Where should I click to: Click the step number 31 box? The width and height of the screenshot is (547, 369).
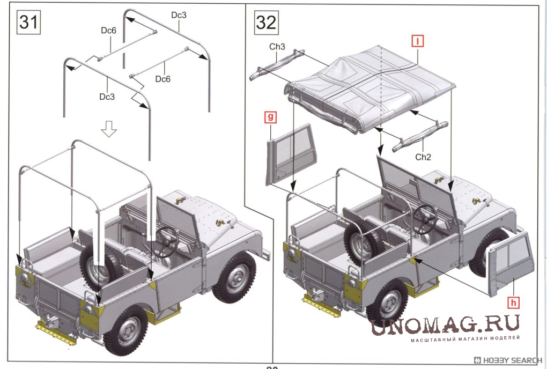coord(28,23)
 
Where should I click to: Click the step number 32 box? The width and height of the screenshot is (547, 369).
coord(266,23)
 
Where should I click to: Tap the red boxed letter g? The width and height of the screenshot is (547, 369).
coord(270,117)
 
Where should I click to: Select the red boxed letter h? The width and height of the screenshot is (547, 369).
coord(513,302)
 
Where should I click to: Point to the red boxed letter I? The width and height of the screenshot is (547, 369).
coord(418,41)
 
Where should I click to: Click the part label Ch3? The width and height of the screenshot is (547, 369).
coord(277,47)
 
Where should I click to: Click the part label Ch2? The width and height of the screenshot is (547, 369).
coord(423,157)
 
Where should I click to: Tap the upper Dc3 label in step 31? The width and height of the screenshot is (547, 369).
coord(179,15)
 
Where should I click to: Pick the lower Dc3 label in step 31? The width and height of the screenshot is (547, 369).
coord(107,97)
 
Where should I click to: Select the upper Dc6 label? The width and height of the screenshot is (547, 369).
coord(108,31)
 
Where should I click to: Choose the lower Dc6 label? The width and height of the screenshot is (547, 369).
coord(162,79)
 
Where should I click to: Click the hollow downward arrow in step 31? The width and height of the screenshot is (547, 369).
coord(109,129)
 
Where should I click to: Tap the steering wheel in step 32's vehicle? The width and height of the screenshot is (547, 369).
coord(425,219)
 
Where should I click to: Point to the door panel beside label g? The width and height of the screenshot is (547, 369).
coord(291,155)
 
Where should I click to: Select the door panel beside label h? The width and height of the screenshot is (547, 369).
coord(511,264)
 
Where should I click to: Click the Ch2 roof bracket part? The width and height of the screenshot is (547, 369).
coord(420,136)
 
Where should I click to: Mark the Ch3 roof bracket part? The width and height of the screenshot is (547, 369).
coord(277,65)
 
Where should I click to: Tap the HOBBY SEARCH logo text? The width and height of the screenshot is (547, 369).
coord(508,360)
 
